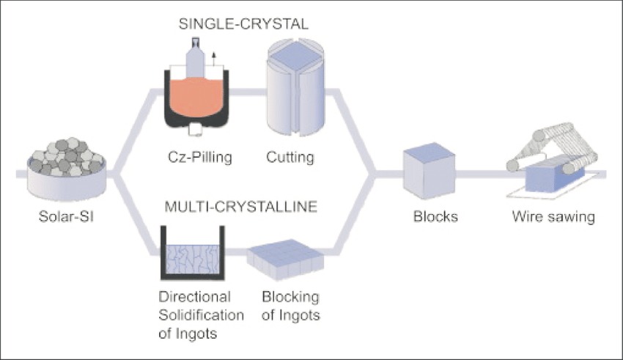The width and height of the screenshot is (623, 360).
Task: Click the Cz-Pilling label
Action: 194,156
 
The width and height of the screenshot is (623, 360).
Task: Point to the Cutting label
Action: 290,156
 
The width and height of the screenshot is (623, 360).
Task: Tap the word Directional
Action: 194,297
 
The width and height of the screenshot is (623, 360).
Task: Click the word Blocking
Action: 290,297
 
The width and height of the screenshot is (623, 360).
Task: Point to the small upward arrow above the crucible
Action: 214,56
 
